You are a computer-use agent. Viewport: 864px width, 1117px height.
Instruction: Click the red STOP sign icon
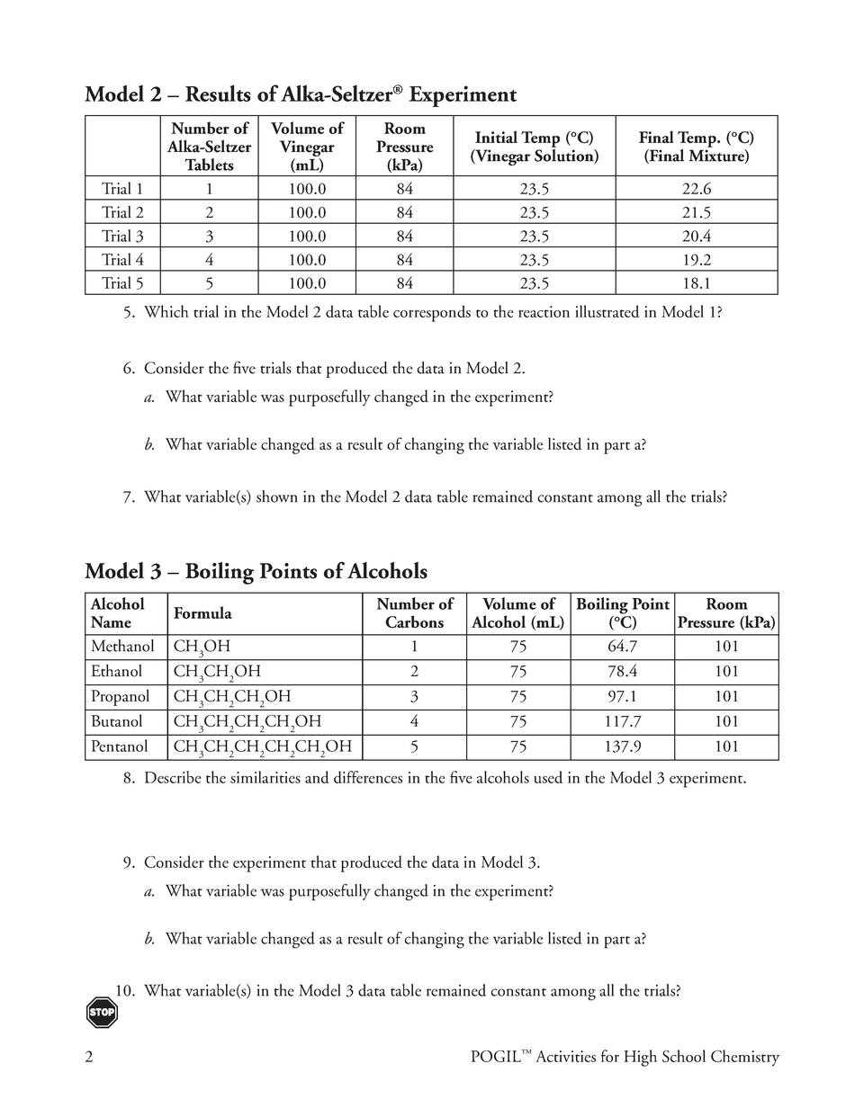(x=102, y=1012)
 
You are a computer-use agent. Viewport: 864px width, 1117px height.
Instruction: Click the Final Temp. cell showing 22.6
(x=696, y=189)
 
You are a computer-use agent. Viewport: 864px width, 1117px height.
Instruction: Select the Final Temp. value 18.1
(x=696, y=283)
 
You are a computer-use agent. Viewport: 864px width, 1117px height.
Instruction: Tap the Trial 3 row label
(x=122, y=237)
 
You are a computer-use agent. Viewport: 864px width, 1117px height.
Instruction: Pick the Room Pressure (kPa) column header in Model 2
(x=404, y=147)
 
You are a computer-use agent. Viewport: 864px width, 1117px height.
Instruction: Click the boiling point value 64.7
(x=622, y=647)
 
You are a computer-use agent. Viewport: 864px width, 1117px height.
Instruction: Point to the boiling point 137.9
(x=622, y=746)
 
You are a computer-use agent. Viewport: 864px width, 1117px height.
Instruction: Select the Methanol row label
(x=122, y=647)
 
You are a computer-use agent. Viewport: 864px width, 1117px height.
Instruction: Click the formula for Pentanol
(x=262, y=747)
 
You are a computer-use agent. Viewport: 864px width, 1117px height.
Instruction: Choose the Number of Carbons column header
(x=414, y=613)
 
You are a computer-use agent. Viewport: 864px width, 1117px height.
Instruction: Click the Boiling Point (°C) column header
(x=622, y=613)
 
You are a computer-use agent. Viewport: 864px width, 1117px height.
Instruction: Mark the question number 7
(x=129, y=496)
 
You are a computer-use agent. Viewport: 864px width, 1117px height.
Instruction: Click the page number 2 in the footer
(x=89, y=1058)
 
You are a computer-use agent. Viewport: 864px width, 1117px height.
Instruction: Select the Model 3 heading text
(x=256, y=572)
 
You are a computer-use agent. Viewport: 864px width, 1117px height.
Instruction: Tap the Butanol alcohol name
(x=116, y=721)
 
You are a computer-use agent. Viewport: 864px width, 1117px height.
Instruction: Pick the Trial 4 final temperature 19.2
(x=696, y=260)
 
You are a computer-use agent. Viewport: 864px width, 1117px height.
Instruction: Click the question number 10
(x=125, y=991)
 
